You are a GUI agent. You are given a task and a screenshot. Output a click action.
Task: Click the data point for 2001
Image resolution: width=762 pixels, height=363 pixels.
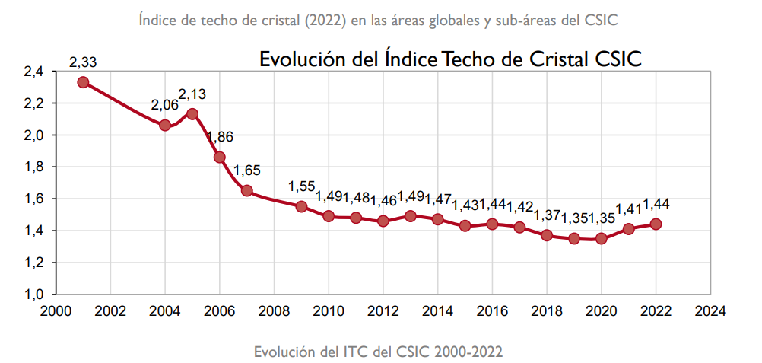83,82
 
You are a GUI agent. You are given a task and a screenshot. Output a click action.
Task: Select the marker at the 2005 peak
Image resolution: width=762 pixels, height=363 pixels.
192,114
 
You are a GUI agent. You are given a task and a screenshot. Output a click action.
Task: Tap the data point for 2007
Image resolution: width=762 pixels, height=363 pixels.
247,190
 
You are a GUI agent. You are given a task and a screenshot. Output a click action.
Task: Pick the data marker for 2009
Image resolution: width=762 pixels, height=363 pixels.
301,206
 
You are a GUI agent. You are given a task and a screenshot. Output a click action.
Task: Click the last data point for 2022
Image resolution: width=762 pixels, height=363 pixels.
656,224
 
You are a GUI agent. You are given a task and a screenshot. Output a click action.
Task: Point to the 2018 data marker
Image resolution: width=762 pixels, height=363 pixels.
547,235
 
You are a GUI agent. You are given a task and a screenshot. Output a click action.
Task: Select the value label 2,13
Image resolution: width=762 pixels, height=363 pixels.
192,94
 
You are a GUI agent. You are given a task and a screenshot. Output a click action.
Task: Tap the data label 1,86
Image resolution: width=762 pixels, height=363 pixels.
220,138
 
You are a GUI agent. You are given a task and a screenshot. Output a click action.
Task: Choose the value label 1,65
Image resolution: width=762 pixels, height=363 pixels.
247,170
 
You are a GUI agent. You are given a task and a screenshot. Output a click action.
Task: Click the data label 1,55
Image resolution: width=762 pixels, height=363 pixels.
301,186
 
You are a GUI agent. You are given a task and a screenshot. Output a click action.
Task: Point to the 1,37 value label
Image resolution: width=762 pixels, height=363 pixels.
547,215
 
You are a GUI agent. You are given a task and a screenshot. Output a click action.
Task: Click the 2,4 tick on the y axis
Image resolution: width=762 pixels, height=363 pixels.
33,72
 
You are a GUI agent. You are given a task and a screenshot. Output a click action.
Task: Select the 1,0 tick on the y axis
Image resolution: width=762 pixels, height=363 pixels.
33,294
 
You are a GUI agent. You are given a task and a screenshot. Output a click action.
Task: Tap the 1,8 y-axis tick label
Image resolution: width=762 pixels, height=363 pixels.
33,167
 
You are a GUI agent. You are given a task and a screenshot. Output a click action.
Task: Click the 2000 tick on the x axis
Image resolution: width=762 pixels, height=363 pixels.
56,310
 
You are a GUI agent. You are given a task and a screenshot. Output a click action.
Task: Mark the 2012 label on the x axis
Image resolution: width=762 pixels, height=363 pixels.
383,310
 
